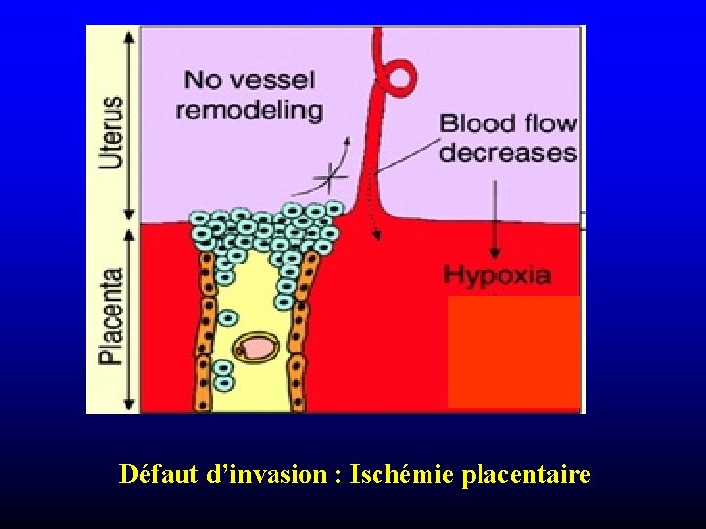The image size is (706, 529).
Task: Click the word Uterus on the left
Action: pos(112,131)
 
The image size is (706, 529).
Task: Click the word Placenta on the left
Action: pos(112,316)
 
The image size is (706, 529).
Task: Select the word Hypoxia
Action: pos(497,274)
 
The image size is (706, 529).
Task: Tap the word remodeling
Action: pos(249,109)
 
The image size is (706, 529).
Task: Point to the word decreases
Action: pos(508,153)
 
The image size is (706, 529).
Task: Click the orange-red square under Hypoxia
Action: pos(513,351)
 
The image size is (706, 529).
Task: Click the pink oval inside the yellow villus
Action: pos(258,347)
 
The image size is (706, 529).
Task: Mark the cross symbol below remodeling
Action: pos(332,178)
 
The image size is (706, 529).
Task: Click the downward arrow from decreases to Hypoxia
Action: pos(495,211)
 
